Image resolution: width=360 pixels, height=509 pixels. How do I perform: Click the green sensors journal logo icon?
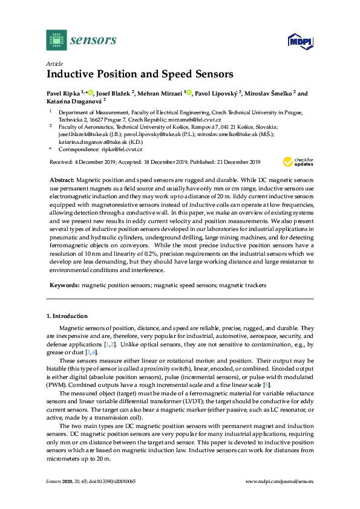[56, 40]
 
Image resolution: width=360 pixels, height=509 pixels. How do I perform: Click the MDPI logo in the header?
[299, 41]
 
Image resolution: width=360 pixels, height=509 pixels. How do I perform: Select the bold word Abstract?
[62, 181]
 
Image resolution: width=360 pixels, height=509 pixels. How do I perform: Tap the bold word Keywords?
[63, 284]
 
